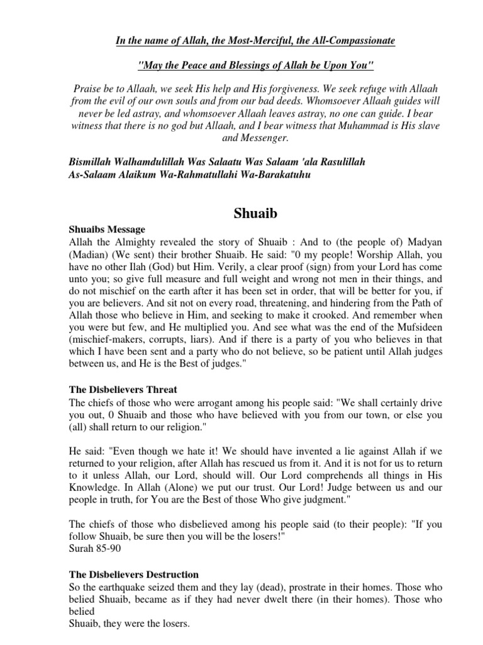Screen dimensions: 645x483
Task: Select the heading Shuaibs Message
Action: coord(106,230)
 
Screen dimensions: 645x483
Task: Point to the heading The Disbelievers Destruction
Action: coord(133,574)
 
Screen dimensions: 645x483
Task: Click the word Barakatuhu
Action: coord(278,175)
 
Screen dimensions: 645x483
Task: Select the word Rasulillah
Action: coord(333,163)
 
